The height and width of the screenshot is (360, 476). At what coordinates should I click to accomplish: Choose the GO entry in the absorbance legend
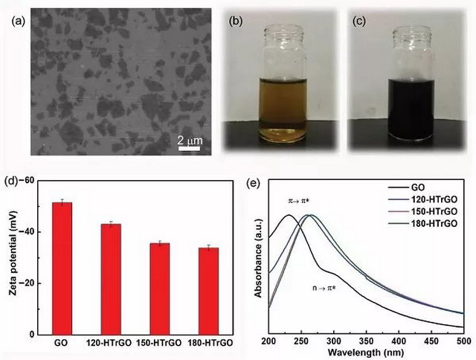tap(408, 189)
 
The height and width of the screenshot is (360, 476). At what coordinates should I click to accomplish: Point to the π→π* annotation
tap(301, 202)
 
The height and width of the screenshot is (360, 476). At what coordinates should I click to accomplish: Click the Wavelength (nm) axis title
tap(366, 353)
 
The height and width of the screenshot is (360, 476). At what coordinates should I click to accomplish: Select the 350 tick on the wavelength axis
tap(366, 341)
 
